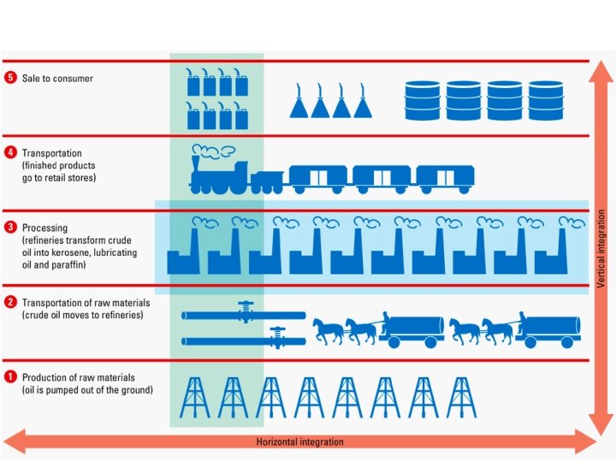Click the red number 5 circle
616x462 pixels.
[10, 78]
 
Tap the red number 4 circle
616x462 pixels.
[10, 152]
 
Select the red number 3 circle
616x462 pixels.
[10, 228]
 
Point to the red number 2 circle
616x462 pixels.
[10, 302]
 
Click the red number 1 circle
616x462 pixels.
[10, 377]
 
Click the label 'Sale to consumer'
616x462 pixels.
[57, 78]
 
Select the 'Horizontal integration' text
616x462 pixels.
[299, 442]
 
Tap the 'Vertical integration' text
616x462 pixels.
[601, 248]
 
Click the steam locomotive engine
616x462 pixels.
[218, 171]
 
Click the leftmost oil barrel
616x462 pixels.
[422, 100]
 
